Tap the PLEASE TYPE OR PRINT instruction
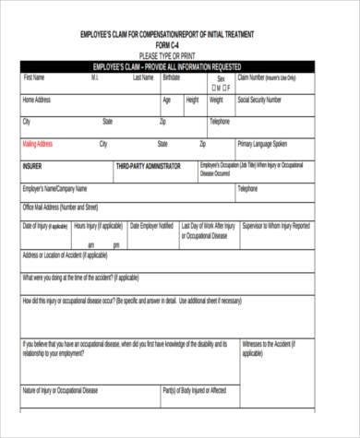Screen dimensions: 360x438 pyautogui.click(x=167, y=56)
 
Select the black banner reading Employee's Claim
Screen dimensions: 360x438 pyautogui.click(x=167, y=67)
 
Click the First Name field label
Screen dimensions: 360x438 pyautogui.click(x=35, y=77)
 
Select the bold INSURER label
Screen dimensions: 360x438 pyautogui.click(x=32, y=167)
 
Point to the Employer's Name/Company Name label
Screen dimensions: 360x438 pyautogui.click(x=60, y=189)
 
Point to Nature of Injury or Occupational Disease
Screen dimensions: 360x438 pyautogui.click(x=62, y=392)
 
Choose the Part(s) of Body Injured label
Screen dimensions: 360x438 pyautogui.click(x=194, y=392)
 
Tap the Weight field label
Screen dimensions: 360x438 pyautogui.click(x=215, y=99)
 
